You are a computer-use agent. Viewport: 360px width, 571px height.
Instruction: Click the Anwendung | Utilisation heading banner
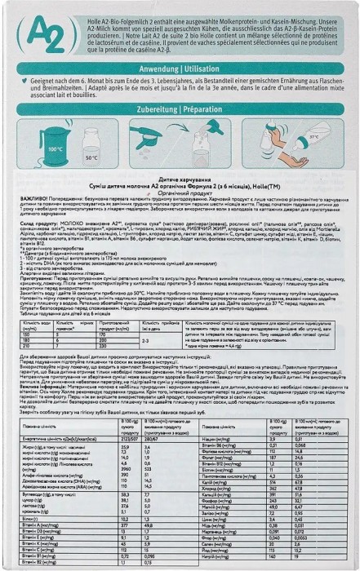(x=179, y=84)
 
